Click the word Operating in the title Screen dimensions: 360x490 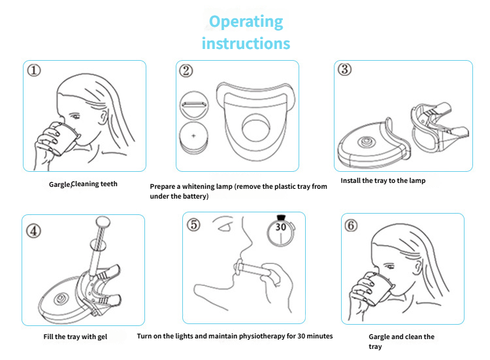[x=246, y=21]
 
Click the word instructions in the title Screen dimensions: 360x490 [x=246, y=44]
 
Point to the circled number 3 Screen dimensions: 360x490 [x=344, y=71]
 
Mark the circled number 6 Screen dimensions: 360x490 [x=351, y=225]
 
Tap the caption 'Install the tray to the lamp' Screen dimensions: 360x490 [x=383, y=180]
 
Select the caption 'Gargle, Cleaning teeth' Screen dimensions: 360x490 [x=83, y=184]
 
